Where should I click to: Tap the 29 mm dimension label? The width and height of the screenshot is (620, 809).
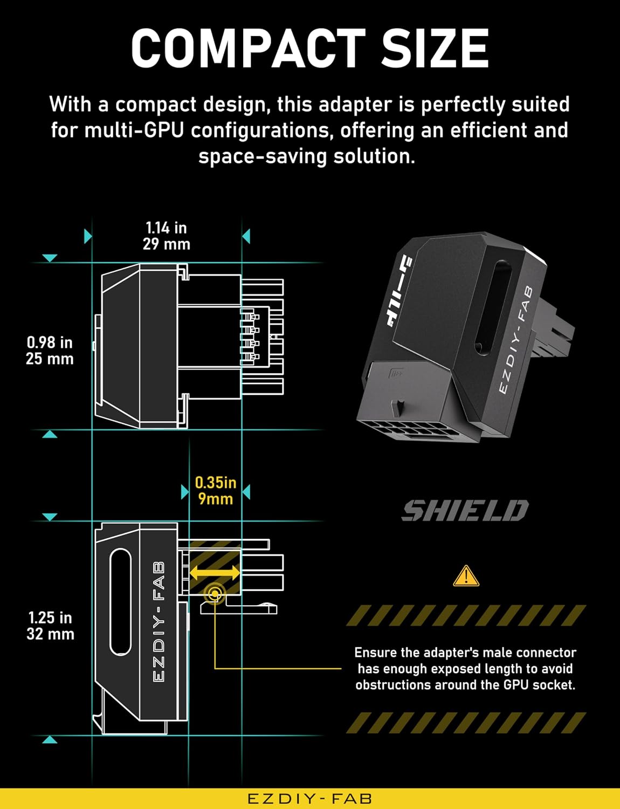[x=167, y=244]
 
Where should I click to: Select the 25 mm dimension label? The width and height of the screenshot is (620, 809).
[x=50, y=359]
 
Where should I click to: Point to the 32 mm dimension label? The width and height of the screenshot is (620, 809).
[x=50, y=634]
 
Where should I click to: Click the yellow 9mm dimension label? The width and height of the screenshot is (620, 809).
[x=216, y=499]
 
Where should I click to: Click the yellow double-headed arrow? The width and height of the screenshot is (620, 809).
[x=215, y=572]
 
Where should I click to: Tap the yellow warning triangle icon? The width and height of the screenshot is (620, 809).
[x=466, y=577]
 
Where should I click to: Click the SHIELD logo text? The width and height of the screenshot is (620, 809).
[x=465, y=510]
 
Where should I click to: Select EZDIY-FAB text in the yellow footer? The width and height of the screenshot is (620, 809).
[x=309, y=799]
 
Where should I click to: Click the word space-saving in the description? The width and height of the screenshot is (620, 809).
[x=262, y=156]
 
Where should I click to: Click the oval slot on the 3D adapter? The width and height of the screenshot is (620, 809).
[x=493, y=307]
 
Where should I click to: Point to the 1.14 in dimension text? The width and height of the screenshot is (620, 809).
[x=166, y=228]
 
